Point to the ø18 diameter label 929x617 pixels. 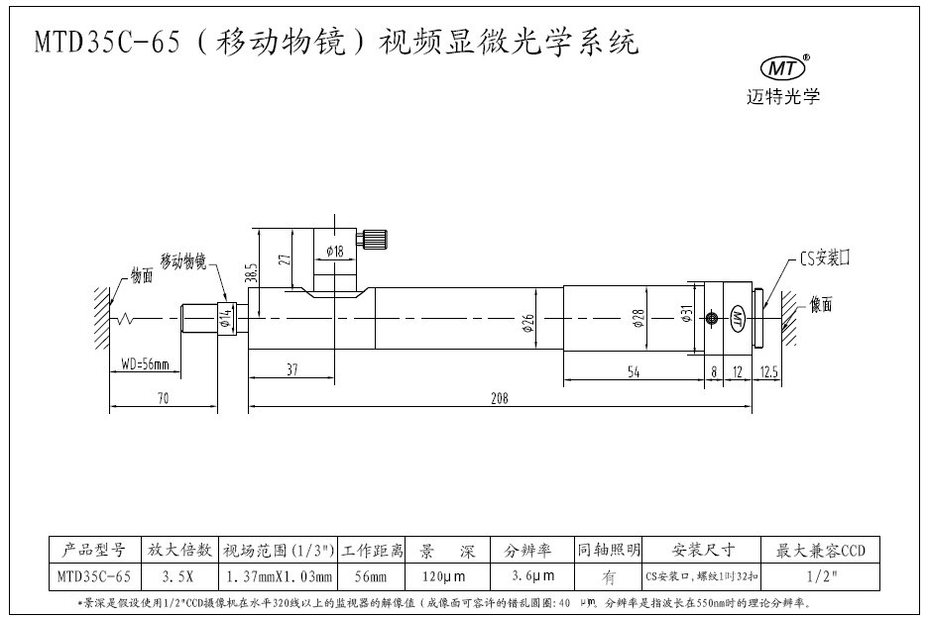(x=333, y=252)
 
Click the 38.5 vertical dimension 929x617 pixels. (x=253, y=272)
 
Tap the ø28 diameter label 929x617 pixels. (x=639, y=319)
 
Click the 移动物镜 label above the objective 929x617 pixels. (x=179, y=261)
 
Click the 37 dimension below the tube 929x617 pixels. (x=292, y=370)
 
